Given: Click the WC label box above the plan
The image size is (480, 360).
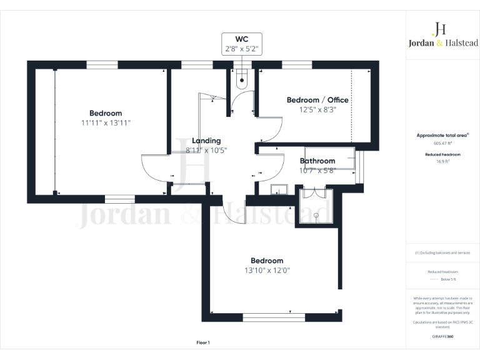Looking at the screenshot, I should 241,44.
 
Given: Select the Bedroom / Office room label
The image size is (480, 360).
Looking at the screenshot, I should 317,100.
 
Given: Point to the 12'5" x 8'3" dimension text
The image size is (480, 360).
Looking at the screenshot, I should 317,109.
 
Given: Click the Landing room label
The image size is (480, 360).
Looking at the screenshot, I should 206,141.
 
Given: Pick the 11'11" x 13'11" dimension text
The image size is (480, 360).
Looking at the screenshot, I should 105,122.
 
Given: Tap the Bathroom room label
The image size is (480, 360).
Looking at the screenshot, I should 317,161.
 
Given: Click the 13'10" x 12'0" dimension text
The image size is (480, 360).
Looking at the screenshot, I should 267,271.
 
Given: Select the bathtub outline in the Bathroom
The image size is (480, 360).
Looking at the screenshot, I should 330,159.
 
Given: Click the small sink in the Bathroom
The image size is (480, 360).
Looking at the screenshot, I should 278,189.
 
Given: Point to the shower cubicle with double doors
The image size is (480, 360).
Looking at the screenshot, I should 317,206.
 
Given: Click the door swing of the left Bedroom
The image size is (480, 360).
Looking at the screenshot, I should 152,167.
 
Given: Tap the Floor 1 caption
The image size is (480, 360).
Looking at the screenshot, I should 203,342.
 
